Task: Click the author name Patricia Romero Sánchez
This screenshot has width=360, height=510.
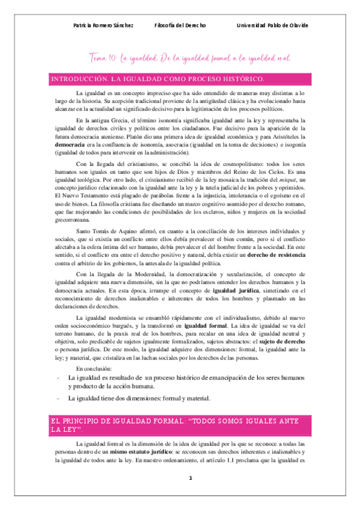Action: point(103,26)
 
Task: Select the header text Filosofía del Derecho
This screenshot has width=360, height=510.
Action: point(180,26)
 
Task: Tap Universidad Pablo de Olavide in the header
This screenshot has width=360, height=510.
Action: point(272,26)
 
